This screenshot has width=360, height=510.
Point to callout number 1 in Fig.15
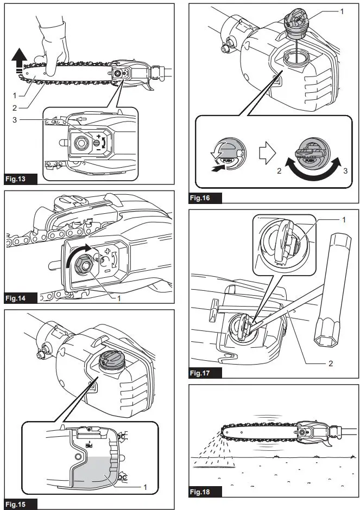pyautogui.click(x=146, y=486)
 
